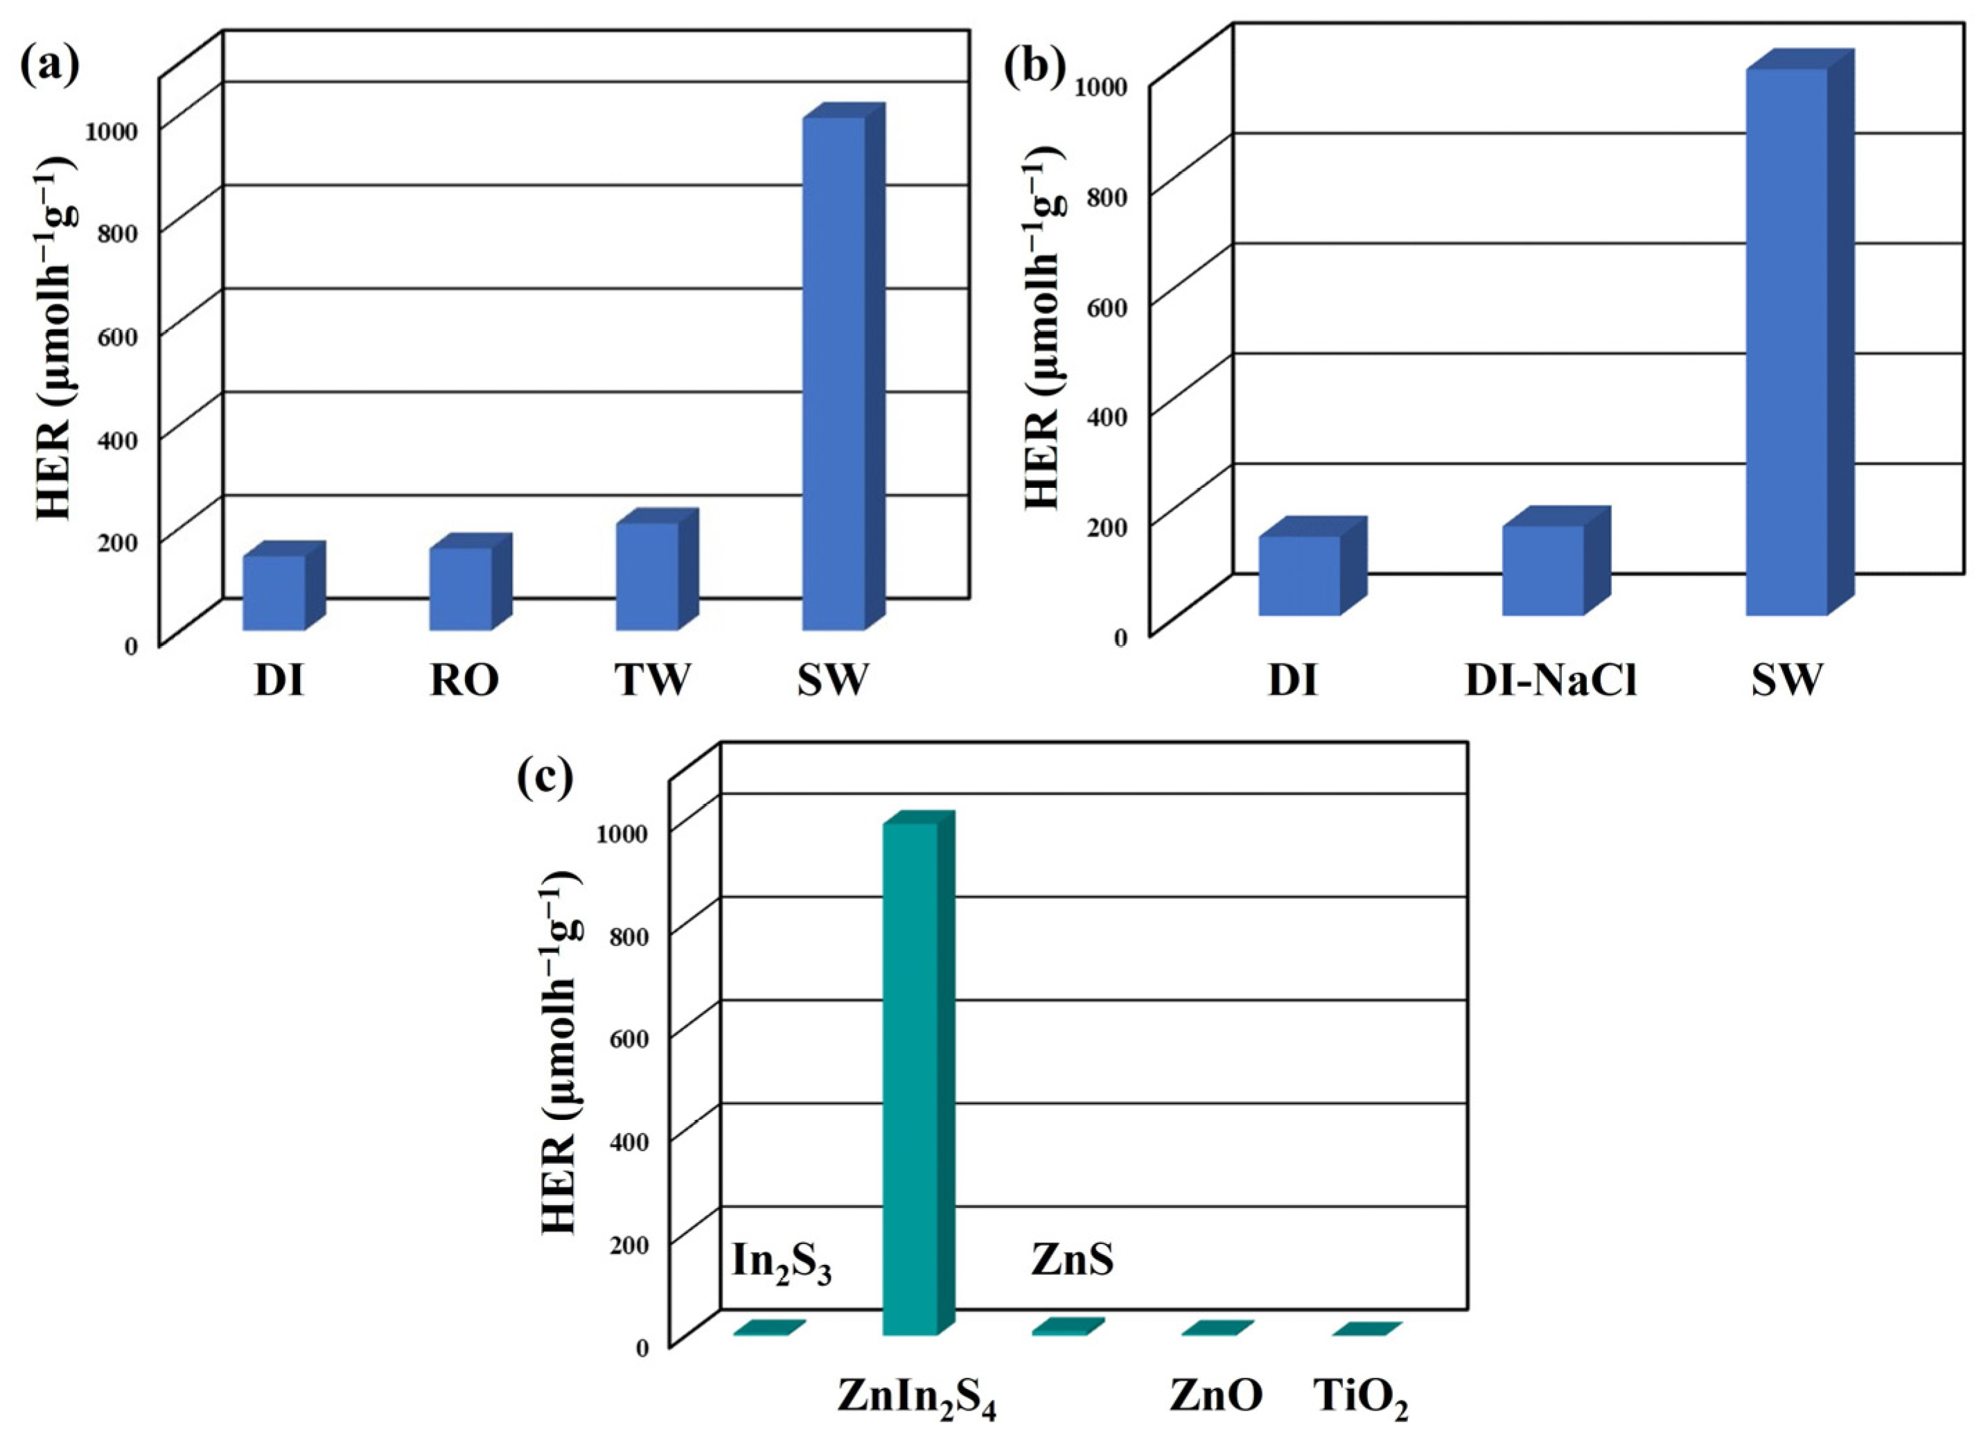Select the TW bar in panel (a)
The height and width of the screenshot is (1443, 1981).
tap(647, 576)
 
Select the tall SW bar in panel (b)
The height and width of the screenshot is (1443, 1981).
tap(1787, 341)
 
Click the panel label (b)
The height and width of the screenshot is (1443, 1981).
tap(1034, 68)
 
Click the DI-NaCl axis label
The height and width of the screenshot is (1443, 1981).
tap(1551, 681)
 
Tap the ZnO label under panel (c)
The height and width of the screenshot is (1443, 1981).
tap(1216, 1395)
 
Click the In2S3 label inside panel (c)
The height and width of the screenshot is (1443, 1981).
tap(781, 1263)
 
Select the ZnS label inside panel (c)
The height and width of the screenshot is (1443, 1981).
tap(1072, 1259)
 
